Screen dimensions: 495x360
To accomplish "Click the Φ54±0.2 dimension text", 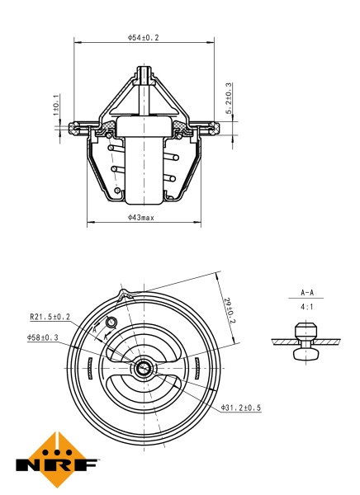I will pyautogui.click(x=143, y=37).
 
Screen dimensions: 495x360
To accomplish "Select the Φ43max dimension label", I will pyautogui.click(x=143, y=217).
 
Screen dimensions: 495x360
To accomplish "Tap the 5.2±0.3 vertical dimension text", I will pyautogui.click(x=228, y=98).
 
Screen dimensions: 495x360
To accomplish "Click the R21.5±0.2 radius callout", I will pyautogui.click(x=50, y=315).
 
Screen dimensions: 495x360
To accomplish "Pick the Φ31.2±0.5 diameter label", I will pyautogui.click(x=241, y=408).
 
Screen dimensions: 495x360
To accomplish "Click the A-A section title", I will pyautogui.click(x=306, y=293).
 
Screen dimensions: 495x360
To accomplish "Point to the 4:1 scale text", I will pyautogui.click(x=306, y=306).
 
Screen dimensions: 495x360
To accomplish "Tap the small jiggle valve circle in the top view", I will pyautogui.click(x=112, y=322).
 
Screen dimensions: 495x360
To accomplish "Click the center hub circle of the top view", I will pyautogui.click(x=144, y=368).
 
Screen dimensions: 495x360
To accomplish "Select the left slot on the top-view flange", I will pyautogui.click(x=89, y=368).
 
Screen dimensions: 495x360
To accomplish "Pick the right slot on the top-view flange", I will pyautogui.click(x=200, y=368).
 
